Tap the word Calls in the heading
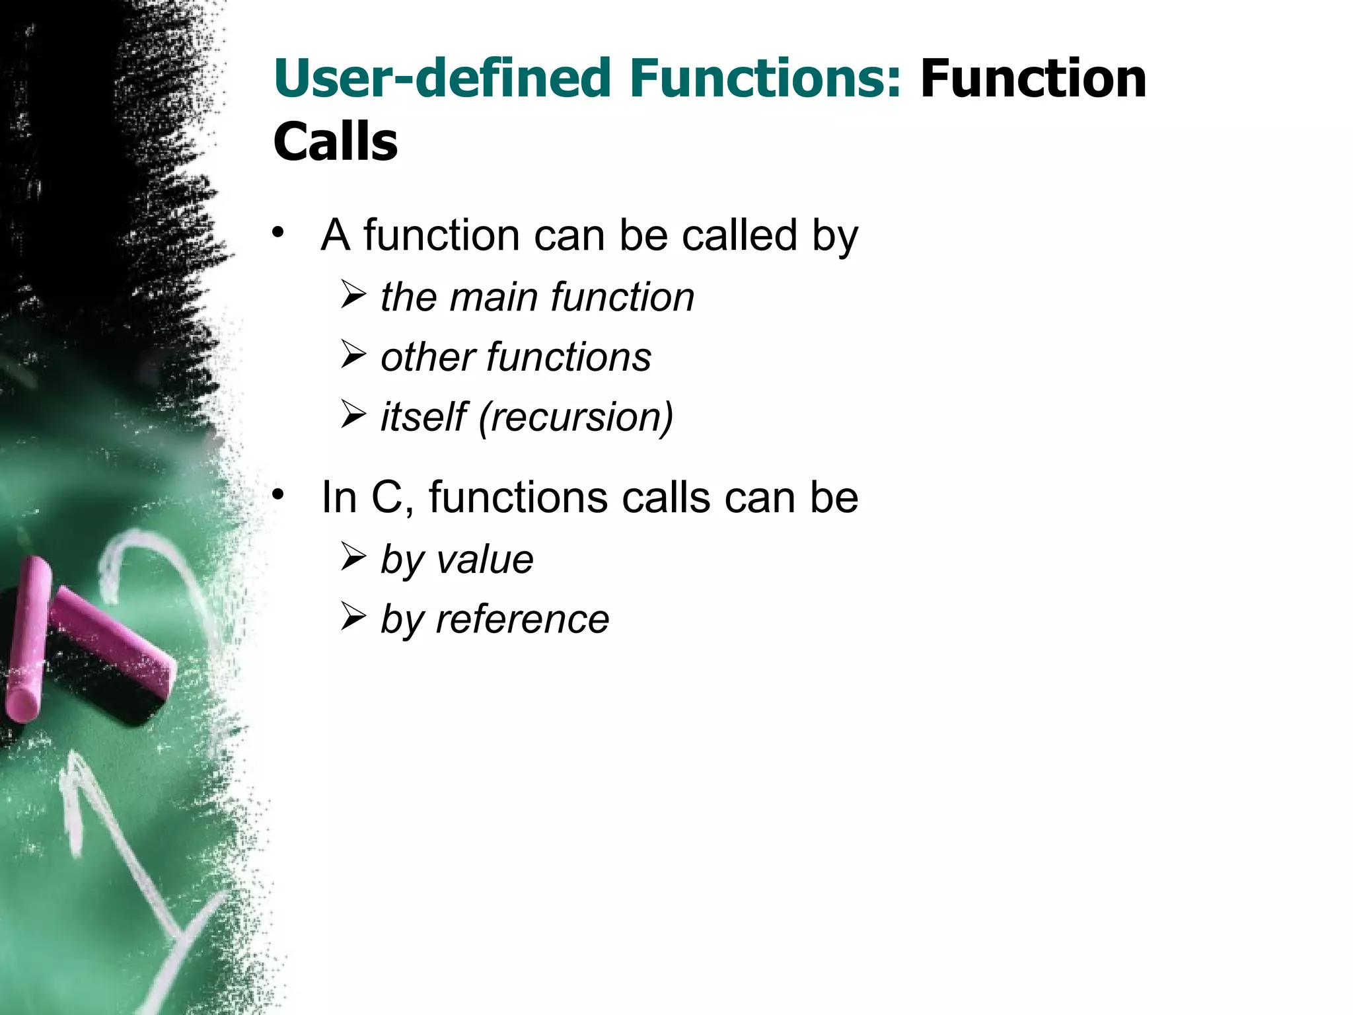coord(336,142)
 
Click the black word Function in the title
coord(1033,79)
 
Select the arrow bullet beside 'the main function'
coord(353,295)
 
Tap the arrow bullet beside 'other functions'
coord(353,355)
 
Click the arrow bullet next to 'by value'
coord(353,557)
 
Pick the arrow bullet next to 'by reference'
coord(353,617)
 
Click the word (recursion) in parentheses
coord(575,418)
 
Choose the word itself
coord(423,418)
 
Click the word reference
coord(522,620)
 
